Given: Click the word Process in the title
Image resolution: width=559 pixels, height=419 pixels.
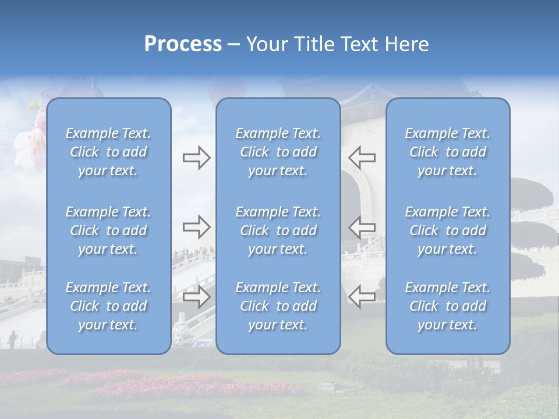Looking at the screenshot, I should point(183,44).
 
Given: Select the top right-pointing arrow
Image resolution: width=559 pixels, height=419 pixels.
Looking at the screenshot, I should point(196,158).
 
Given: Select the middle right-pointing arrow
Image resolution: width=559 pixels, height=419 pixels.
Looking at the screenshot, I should point(196,227).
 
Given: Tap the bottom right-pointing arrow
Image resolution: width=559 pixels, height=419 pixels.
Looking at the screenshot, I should point(196,297).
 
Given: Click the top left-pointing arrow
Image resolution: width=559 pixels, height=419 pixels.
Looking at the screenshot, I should point(362,157).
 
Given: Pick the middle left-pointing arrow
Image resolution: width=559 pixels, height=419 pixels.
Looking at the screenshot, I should point(362,227).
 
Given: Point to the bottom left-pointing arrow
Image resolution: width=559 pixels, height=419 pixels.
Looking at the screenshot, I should point(362,297).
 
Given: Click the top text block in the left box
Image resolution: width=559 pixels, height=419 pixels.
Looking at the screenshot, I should point(108,152).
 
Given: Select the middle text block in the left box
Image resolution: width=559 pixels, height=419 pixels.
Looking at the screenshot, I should point(108,230).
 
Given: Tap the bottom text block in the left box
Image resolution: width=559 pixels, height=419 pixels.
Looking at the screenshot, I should point(108,306).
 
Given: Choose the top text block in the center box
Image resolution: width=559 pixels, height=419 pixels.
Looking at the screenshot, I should point(278,152).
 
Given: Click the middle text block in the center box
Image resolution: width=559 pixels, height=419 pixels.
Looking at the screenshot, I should point(278,230).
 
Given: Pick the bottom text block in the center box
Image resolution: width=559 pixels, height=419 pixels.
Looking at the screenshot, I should point(278,306).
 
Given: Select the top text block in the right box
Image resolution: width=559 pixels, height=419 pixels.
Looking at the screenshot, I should point(447,152).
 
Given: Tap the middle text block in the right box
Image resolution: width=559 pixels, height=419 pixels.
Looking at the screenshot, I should point(447,230).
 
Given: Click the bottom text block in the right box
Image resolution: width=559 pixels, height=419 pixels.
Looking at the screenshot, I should point(447,306).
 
